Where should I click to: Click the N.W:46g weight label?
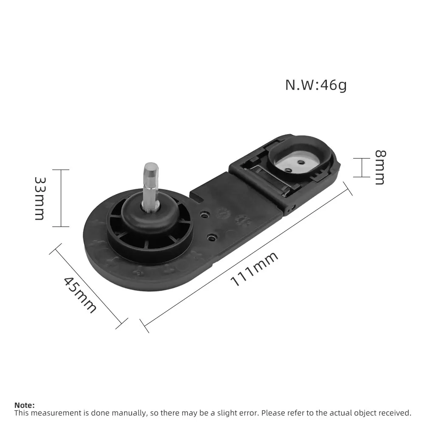click(x=316, y=85)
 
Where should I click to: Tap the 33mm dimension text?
click(x=39, y=198)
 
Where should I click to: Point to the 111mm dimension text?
click(x=254, y=269)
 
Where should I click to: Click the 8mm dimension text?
click(x=380, y=167)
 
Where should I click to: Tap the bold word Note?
click(x=25, y=405)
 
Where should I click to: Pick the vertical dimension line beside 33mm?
click(x=62, y=198)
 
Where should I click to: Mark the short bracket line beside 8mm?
click(x=362, y=167)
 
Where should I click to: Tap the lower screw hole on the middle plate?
click(x=211, y=236)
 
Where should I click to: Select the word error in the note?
click(x=248, y=413)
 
